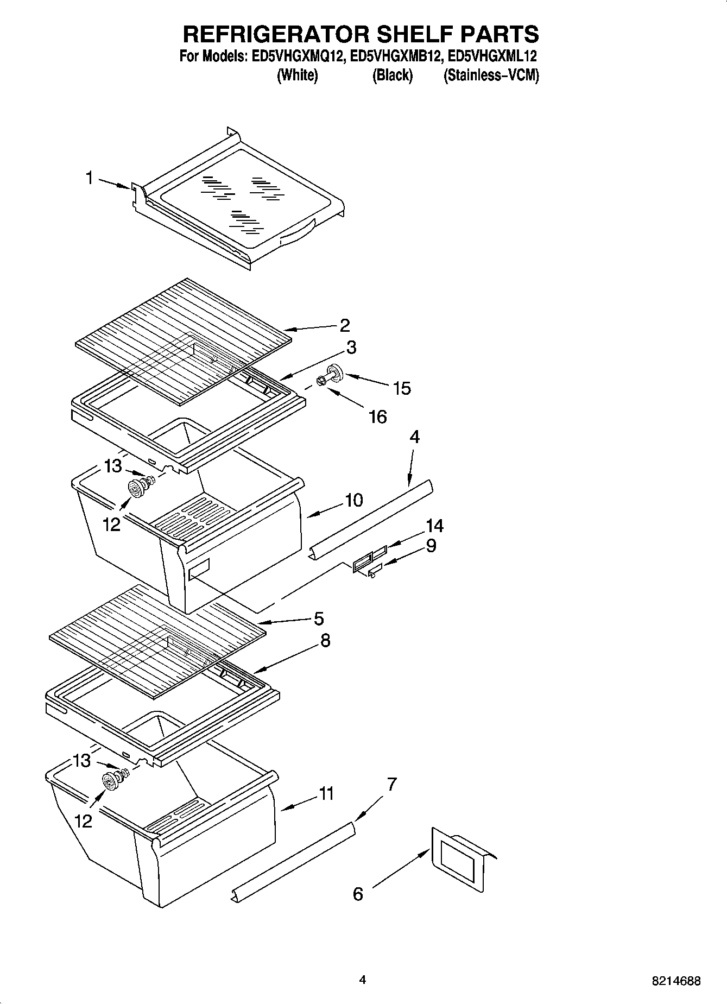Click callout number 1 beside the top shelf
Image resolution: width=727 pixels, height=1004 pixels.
[x=90, y=178]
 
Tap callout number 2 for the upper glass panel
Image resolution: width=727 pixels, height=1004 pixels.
[x=344, y=325]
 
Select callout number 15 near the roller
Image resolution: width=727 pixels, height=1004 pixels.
[x=402, y=388]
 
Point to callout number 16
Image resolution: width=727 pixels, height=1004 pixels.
[x=377, y=417]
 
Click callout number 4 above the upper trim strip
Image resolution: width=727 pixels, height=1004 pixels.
[x=414, y=437]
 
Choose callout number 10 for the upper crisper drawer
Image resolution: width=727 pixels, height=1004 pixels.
[x=353, y=500]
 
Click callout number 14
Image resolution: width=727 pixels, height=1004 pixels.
[x=434, y=526]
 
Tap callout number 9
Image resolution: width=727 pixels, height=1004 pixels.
[x=431, y=545]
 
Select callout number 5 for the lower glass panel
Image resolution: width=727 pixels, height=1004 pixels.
[x=319, y=618]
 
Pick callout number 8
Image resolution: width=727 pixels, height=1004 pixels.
[x=325, y=640]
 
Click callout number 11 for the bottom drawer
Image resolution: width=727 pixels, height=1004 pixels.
[x=326, y=793]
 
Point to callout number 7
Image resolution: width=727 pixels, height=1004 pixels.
[x=391, y=784]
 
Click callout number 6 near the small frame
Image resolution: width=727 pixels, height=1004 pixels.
[x=357, y=894]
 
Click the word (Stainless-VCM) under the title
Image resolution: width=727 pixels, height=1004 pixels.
[x=491, y=75]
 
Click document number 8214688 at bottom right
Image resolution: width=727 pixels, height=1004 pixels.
[x=676, y=981]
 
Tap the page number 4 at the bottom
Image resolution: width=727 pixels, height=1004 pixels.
[x=363, y=980]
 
